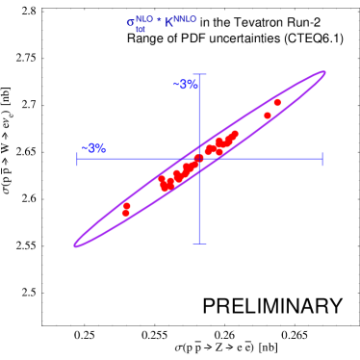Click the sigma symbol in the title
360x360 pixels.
pos(131,23)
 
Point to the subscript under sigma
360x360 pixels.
pos(141,30)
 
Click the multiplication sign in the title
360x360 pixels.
pos(159,19)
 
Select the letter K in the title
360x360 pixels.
pos(168,22)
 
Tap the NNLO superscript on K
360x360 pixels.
pos(185,18)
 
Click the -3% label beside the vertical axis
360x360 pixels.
pos(186,85)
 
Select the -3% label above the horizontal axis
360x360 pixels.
pos(94,148)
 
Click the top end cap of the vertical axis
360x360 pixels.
pos(199,74)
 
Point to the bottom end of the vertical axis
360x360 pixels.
pos(199,244)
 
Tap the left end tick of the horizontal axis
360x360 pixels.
pos(78,159)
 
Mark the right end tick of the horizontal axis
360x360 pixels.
pos(321,159)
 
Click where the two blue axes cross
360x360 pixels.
pos(199,159)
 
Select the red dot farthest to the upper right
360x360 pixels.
pos(277,102)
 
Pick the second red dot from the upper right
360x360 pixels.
pos(268,116)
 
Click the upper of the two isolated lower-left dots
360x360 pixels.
pos(126,206)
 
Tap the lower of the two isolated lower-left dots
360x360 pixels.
pos(126,214)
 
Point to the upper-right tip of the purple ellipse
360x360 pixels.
pos(324,72)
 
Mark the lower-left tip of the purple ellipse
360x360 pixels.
pos(75,245)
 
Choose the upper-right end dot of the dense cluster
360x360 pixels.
pos(235,134)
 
